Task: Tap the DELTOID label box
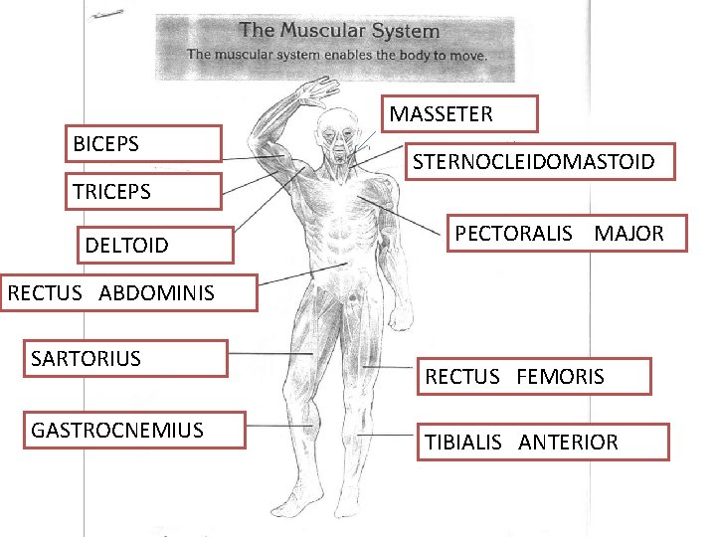tap(154, 245)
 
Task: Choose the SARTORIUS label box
tap(128, 359)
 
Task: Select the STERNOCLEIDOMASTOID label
tap(542, 161)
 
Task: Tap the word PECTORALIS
tap(514, 234)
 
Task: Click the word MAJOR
tap(628, 234)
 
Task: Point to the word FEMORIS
tap(560, 377)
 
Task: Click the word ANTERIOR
tap(568, 443)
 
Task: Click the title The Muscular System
tap(339, 31)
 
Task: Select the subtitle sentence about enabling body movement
tap(337, 55)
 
